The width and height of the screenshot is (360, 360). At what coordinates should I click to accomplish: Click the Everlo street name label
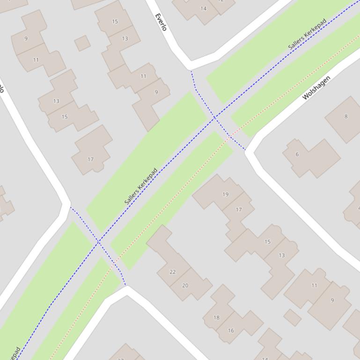click(161, 22)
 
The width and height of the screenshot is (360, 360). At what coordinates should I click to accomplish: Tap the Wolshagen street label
click(316, 87)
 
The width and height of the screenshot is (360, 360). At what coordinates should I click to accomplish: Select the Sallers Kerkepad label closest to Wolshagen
click(307, 34)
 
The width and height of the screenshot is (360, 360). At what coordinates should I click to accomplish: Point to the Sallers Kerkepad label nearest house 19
click(141, 186)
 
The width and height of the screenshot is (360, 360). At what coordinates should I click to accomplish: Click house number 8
click(346, 116)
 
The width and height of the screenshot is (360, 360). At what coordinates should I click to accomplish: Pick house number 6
click(297, 154)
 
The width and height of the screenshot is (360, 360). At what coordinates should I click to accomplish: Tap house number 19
click(225, 194)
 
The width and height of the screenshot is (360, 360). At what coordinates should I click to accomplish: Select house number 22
click(172, 272)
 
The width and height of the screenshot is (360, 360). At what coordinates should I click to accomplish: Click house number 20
click(185, 285)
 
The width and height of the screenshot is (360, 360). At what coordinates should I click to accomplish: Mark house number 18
click(216, 317)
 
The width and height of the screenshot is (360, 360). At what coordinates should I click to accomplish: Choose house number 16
click(230, 330)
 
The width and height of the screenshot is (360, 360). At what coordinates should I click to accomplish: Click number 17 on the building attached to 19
click(238, 209)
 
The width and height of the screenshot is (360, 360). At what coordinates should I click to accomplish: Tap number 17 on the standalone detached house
click(90, 159)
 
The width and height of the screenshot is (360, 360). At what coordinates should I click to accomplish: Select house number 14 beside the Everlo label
click(203, 8)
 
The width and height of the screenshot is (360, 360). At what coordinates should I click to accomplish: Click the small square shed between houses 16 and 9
click(292, 317)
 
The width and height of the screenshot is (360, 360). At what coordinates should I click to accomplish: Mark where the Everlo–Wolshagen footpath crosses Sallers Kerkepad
click(214, 118)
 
